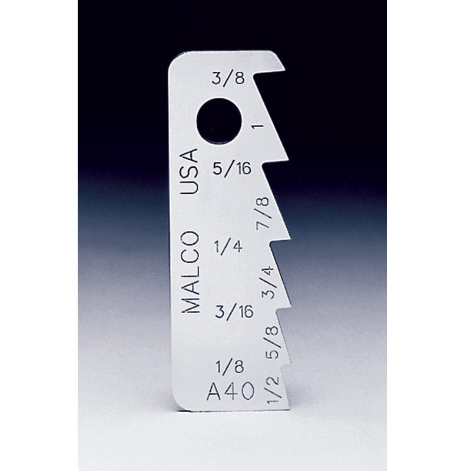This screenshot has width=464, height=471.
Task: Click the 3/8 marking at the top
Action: pos(228,78)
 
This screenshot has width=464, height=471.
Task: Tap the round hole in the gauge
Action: pos(219,121)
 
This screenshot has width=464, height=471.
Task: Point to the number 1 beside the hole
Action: pos(258,125)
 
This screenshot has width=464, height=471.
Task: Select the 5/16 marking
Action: pos(231,168)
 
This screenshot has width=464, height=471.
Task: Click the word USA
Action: pos(189,171)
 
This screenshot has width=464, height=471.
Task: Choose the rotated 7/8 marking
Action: pos(263,214)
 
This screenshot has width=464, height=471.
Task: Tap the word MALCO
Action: pos(190,273)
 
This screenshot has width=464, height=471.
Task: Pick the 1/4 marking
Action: pos(228,247)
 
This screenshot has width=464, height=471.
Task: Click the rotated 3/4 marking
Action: pos(268,283)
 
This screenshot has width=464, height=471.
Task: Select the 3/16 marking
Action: pos(234,311)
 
